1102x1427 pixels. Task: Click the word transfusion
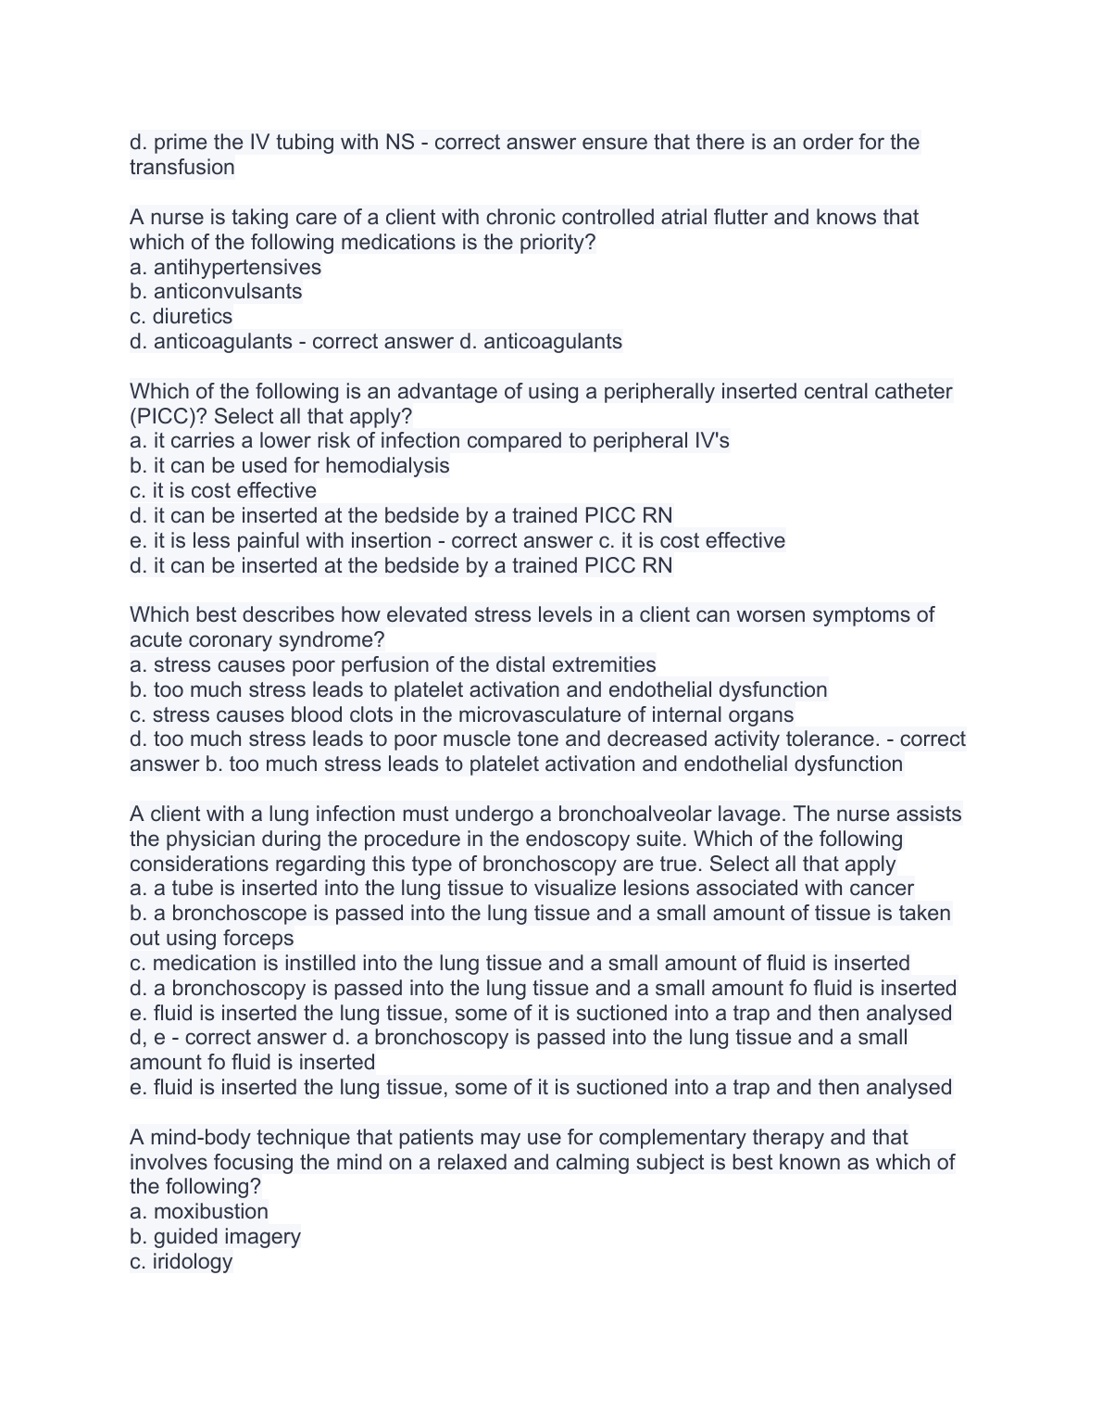coord(182,168)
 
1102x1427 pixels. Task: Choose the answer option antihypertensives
coord(237,268)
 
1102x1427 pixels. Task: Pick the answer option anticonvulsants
coord(228,292)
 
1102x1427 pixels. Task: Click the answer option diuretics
coord(193,317)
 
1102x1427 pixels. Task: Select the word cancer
coord(883,889)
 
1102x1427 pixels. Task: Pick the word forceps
coord(257,939)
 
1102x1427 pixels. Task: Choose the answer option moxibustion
coord(211,1212)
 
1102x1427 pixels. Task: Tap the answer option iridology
coord(193,1262)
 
